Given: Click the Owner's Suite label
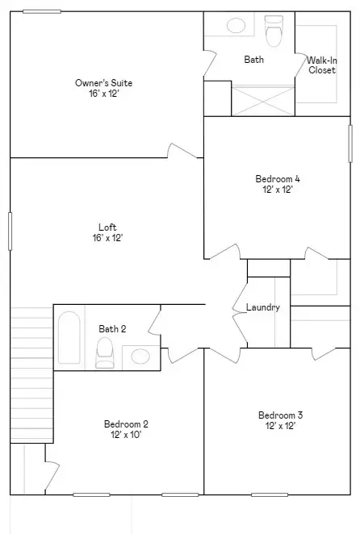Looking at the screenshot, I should tap(103, 83).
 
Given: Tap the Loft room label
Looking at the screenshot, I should tap(107, 227).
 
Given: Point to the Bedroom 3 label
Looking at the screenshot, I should tap(280, 415).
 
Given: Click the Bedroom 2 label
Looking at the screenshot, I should tap(126, 423).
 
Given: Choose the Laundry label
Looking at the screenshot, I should tap(262, 307).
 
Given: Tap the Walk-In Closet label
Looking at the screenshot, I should tap(322, 65).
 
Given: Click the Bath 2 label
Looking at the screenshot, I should tap(112, 328).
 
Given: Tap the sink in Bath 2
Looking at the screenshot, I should tap(140, 355).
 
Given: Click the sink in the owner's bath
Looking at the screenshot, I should tap(237, 26).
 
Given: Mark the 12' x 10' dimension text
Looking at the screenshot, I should tap(126, 435).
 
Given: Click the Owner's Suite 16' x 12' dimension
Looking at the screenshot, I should tap(103, 94).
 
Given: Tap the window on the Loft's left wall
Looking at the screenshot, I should tap(10, 231).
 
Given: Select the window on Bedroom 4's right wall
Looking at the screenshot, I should tap(350, 144).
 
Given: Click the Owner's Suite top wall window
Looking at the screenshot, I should tap(41, 11).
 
